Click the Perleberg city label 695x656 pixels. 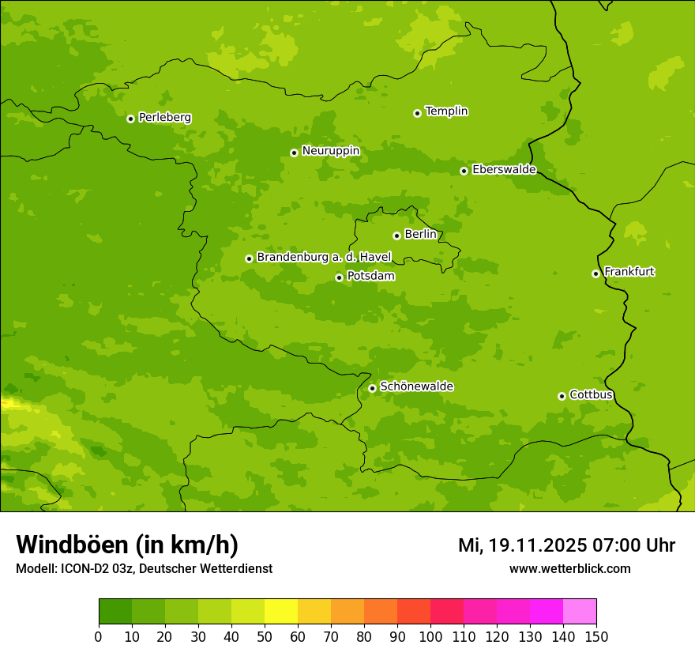click(164, 118)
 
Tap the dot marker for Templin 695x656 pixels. click(417, 113)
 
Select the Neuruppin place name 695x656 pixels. click(330, 151)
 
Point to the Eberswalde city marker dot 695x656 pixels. click(464, 171)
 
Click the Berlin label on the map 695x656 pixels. click(420, 235)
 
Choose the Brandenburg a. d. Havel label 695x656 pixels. click(324, 258)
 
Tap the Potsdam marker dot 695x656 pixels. click(339, 277)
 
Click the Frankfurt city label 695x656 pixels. click(629, 272)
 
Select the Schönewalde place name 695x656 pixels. click(416, 386)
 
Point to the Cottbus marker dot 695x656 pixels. click(562, 396)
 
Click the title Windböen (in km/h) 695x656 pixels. click(127, 545)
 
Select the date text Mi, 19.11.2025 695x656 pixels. click(522, 545)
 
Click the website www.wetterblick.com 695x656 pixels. click(569, 569)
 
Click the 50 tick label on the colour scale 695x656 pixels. click(265, 636)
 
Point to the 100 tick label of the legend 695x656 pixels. click(430, 636)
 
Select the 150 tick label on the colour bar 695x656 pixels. click(596, 636)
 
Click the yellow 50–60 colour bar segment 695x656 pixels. click(281, 612)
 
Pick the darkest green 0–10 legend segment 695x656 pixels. click(115, 612)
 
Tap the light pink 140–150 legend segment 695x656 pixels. click(580, 612)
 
